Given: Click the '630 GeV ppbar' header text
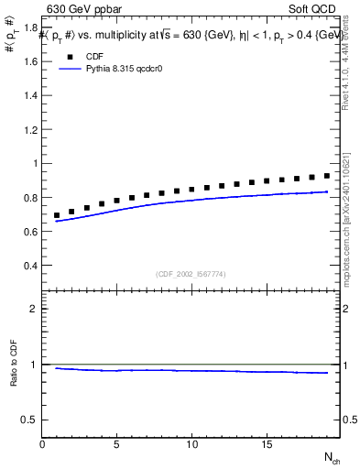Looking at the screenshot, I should (85, 10).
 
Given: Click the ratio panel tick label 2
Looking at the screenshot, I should (33, 309).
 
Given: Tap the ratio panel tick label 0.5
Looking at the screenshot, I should (29, 420).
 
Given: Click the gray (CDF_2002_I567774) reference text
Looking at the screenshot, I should (191, 273).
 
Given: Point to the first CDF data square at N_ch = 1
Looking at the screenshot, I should (57, 215).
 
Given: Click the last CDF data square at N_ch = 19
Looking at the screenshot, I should (326, 176).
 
